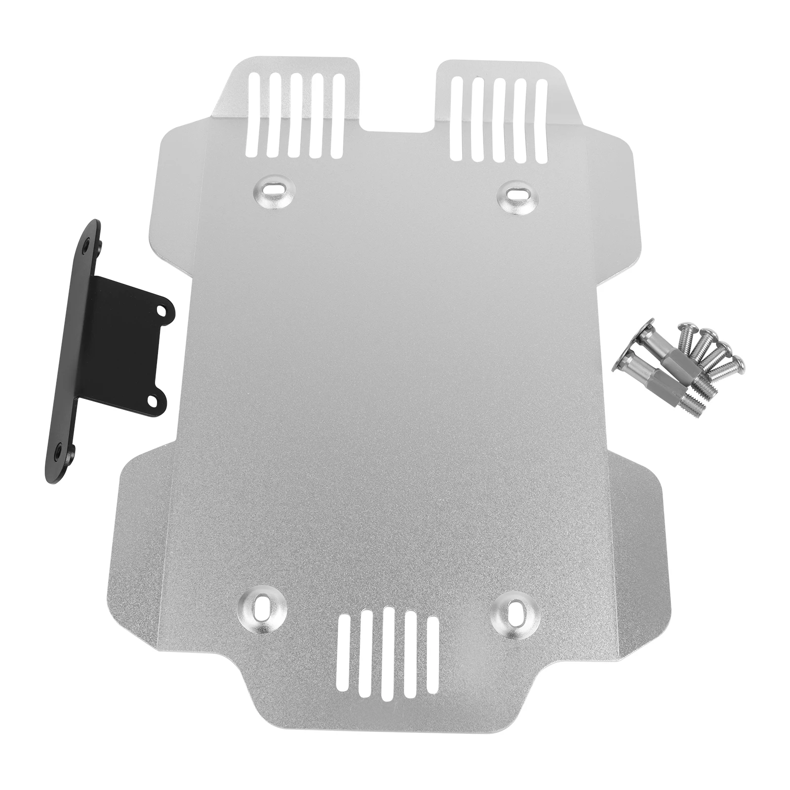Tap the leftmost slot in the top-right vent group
coord(457,119)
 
